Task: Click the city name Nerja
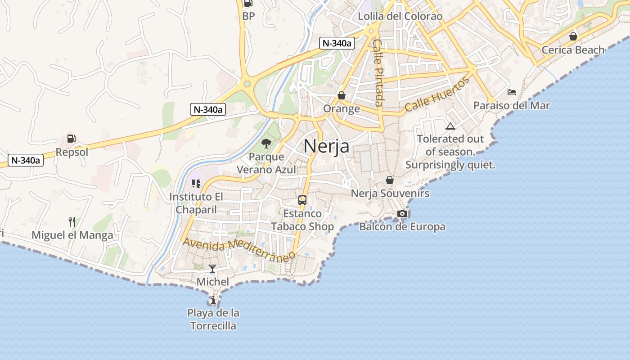click(x=326, y=146)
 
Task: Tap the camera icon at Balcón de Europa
click(x=402, y=214)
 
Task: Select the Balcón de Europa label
click(x=402, y=227)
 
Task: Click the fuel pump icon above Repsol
click(x=71, y=139)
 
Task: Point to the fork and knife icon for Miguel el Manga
click(x=72, y=222)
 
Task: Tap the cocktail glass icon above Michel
click(x=212, y=269)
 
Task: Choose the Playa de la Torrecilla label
click(x=213, y=319)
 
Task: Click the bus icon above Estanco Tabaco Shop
click(x=302, y=200)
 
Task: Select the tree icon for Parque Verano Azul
click(x=266, y=144)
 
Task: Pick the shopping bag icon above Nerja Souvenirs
click(x=390, y=180)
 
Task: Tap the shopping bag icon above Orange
click(x=342, y=95)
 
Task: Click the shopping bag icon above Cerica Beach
click(x=573, y=36)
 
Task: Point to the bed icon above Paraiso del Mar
click(x=512, y=92)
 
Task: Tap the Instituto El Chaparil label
click(x=196, y=203)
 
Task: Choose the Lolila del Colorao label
click(x=400, y=17)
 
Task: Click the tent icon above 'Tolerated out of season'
click(x=450, y=126)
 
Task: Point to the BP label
click(x=248, y=16)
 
